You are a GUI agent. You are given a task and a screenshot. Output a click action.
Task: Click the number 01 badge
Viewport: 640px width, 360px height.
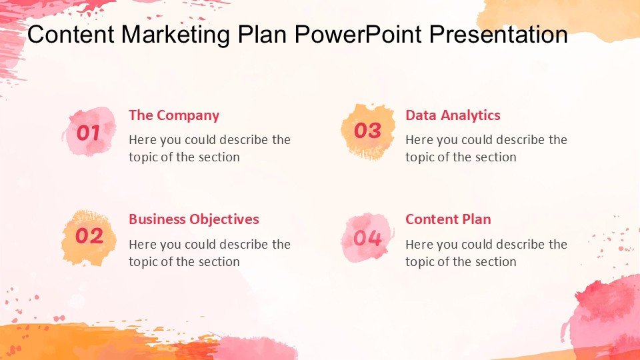click(x=89, y=132)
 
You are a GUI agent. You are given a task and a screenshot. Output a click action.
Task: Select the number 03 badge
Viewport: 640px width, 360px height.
click(x=368, y=131)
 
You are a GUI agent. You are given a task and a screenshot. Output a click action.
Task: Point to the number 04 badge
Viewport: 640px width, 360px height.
click(x=368, y=237)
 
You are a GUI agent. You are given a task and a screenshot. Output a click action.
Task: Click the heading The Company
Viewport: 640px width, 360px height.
click(x=174, y=115)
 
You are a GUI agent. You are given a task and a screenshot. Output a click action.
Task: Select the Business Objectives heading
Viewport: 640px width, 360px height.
click(x=194, y=219)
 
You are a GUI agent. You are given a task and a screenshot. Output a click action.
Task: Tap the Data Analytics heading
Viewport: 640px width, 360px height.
click(x=453, y=115)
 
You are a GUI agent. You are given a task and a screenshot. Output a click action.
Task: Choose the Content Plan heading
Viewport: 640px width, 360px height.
click(x=448, y=219)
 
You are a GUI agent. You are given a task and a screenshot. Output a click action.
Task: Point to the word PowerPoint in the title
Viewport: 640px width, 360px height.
click(x=358, y=34)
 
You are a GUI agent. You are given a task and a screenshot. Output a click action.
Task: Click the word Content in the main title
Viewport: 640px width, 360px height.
click(x=71, y=34)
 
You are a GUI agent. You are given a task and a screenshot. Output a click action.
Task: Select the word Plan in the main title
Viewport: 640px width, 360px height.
click(x=262, y=34)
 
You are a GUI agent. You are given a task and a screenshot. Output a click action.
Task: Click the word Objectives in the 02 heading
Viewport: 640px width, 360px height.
click(x=224, y=219)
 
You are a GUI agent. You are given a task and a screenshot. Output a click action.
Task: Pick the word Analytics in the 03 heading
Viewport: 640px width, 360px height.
click(x=471, y=115)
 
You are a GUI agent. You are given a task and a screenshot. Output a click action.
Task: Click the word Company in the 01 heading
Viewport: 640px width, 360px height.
click(x=188, y=116)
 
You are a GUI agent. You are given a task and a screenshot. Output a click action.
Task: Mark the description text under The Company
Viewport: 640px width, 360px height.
click(x=210, y=148)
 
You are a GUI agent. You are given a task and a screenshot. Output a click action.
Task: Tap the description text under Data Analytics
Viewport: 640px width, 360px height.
click(x=487, y=148)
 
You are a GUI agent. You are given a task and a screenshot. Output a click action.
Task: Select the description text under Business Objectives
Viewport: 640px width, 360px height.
click(x=210, y=253)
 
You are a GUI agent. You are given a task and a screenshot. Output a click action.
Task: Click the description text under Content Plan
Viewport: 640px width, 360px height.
click(x=487, y=253)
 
